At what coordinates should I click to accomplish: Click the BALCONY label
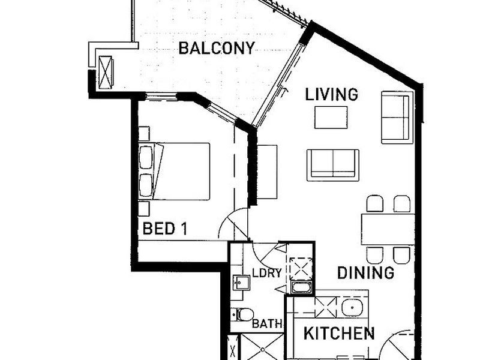(x=217, y=49)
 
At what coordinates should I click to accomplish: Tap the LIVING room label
(x=332, y=94)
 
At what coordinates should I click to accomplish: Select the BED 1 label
(x=164, y=229)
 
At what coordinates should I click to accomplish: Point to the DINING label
(x=365, y=273)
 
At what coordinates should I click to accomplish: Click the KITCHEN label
(x=339, y=334)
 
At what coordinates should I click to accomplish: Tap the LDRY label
(x=267, y=273)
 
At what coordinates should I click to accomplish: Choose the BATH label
(x=267, y=324)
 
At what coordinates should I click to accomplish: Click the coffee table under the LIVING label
(x=331, y=117)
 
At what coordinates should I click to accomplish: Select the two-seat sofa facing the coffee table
(x=333, y=165)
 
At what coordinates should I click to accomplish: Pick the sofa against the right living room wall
(x=395, y=117)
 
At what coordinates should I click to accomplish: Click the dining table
(x=388, y=229)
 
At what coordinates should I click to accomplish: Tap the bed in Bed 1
(x=174, y=172)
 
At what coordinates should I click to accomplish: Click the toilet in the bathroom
(x=244, y=314)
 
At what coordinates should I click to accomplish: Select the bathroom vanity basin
(x=242, y=283)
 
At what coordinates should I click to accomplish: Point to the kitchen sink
(x=352, y=308)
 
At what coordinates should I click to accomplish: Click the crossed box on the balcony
(x=106, y=72)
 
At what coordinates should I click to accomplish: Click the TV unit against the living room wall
(x=267, y=172)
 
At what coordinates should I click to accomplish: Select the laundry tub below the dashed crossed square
(x=302, y=287)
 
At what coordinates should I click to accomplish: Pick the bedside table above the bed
(x=144, y=133)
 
